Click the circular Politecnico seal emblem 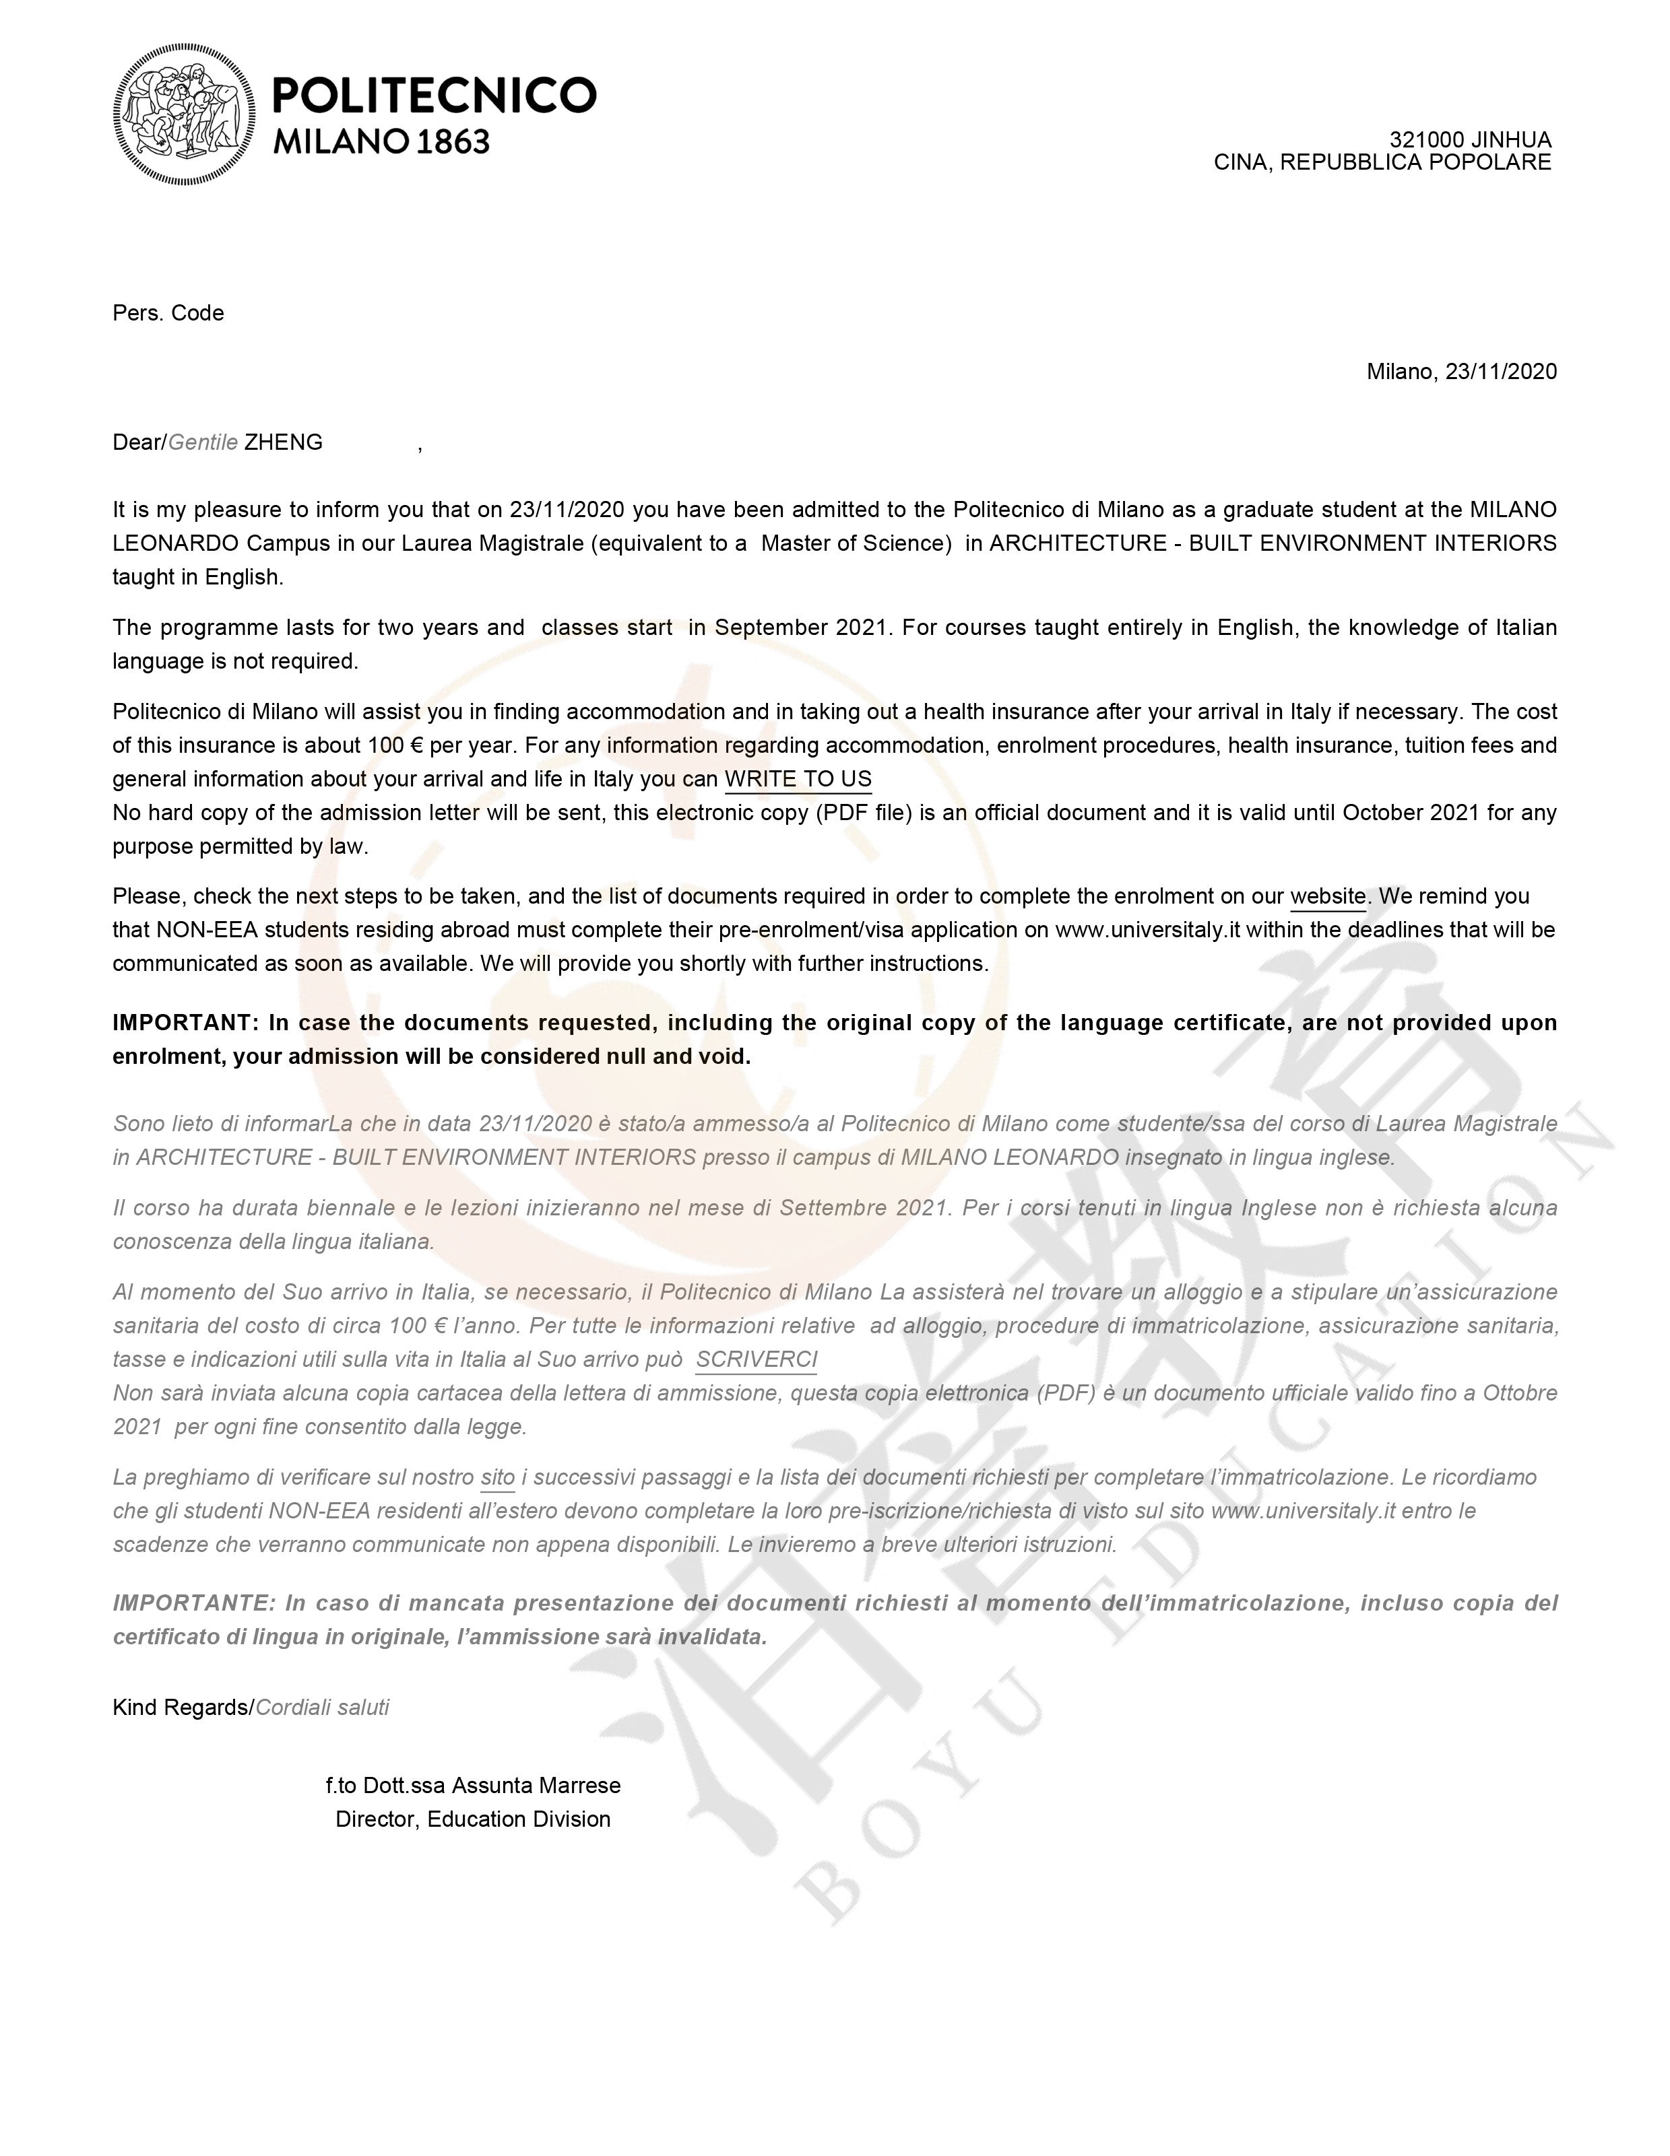pyautogui.click(x=184, y=114)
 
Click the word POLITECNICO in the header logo pyautogui.click(x=434, y=96)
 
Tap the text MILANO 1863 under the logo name pyautogui.click(x=381, y=142)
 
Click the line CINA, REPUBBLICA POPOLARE pyautogui.click(x=1382, y=163)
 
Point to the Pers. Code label pyautogui.click(x=168, y=313)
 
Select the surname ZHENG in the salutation pyautogui.click(x=284, y=442)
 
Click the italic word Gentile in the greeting pyautogui.click(x=203, y=442)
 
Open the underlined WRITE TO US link pyautogui.click(x=798, y=779)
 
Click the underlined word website pyautogui.click(x=1327, y=896)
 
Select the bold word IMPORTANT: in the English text pyautogui.click(x=185, y=1023)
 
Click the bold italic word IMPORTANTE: pyautogui.click(x=195, y=1603)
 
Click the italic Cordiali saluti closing pyautogui.click(x=323, y=1707)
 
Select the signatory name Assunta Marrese pyautogui.click(x=536, y=1785)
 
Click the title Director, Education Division pyautogui.click(x=473, y=1819)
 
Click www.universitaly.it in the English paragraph pyautogui.click(x=1147, y=930)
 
